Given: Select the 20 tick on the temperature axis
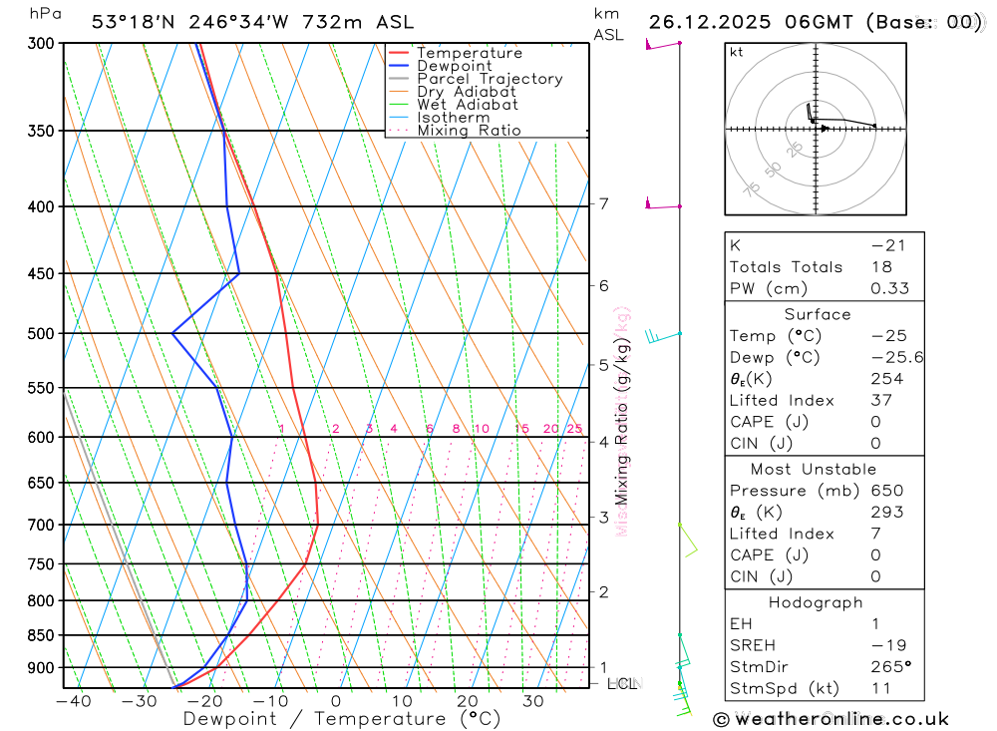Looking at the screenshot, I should (x=467, y=701).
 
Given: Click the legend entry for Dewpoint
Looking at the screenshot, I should (x=454, y=66).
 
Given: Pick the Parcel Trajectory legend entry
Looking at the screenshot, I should (x=490, y=79).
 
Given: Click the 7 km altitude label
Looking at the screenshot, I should (x=603, y=204).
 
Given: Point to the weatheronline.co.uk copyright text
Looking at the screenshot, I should (x=831, y=719).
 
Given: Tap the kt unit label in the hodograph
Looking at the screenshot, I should (x=737, y=52).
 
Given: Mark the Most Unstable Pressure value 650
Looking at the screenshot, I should (x=886, y=491).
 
